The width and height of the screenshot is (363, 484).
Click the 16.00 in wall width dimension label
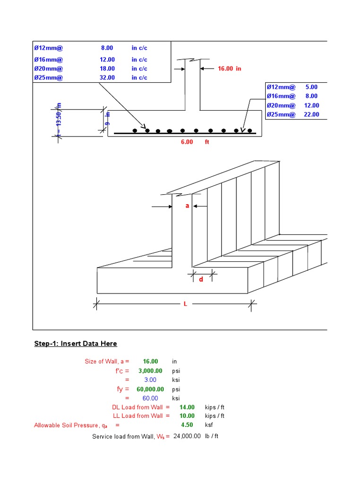click(x=229, y=69)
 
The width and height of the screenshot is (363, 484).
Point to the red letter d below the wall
click(x=201, y=279)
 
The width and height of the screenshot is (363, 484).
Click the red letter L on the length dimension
click(x=186, y=304)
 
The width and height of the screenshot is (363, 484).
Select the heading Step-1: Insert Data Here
click(x=75, y=344)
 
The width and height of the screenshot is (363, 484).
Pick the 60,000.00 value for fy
click(x=151, y=389)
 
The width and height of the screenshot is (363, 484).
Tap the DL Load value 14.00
click(x=187, y=407)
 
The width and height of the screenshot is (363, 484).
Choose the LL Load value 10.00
click(x=187, y=416)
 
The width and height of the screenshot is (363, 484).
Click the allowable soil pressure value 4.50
click(x=187, y=425)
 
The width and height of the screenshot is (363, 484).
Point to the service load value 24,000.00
click(x=187, y=436)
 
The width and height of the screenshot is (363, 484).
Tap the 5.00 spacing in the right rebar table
click(x=311, y=87)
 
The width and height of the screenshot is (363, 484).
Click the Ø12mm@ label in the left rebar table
click(x=48, y=48)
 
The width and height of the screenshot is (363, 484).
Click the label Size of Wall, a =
click(x=107, y=362)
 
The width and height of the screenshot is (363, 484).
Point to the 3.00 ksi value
click(x=150, y=380)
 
